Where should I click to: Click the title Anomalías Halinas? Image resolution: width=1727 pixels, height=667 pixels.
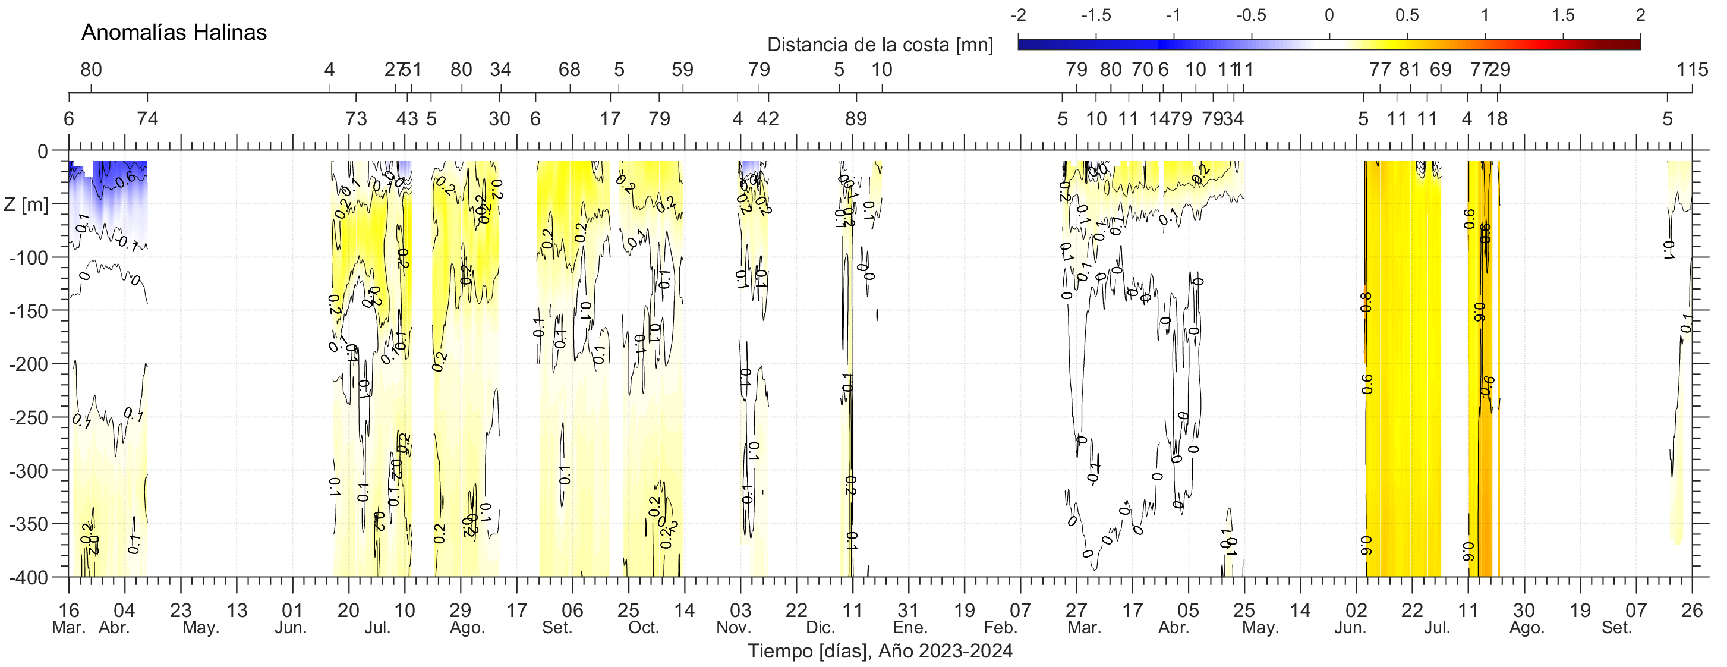174,32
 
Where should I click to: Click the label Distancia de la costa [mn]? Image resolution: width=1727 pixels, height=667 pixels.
880,45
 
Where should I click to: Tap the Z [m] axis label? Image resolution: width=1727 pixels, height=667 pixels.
26,204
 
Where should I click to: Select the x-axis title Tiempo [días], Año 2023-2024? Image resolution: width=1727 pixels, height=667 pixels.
880,651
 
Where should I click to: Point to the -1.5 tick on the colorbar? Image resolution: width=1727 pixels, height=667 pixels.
1096,15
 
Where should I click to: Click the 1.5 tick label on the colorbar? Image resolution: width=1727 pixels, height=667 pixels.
1563,15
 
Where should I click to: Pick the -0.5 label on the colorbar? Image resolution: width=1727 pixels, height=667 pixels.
1251,15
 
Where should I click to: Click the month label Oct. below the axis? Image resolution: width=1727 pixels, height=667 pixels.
644,628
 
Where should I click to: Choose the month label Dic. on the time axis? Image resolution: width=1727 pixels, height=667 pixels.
821,628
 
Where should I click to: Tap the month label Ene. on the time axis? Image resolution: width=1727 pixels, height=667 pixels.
910,628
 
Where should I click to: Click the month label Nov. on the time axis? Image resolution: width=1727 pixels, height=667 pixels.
733,628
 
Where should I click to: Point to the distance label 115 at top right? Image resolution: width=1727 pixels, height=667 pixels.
1692,70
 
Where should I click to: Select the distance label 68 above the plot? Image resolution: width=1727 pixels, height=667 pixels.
569,70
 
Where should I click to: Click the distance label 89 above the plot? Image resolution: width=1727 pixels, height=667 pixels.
855,119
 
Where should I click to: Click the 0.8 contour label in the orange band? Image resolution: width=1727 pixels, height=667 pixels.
1366,303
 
